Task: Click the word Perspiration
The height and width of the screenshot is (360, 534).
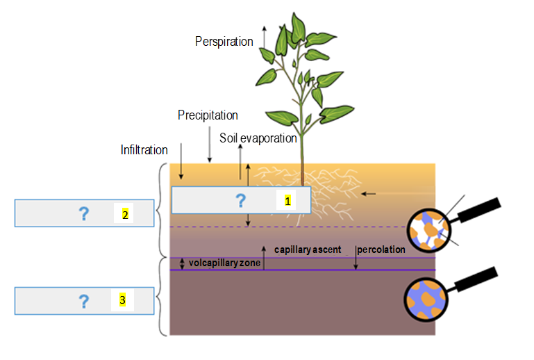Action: point(224,42)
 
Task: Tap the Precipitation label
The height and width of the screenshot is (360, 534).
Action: point(208,115)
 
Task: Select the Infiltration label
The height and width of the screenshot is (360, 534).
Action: point(144,149)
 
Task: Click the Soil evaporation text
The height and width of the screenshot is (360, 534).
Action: point(258,138)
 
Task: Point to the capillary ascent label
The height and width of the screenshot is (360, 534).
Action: point(306,249)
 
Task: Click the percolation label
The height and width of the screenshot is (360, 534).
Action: point(381,249)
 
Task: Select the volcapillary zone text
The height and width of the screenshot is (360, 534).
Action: point(220,263)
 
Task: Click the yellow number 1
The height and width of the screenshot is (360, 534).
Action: point(286,201)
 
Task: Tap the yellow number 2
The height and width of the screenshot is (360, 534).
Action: point(125,214)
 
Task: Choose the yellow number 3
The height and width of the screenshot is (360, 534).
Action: point(122,301)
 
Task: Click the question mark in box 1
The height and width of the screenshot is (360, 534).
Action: point(240,201)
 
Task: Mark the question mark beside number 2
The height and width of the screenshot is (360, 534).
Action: point(83,214)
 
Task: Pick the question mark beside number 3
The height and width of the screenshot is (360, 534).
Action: point(83,302)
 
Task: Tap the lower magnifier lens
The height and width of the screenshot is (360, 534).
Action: point(424,297)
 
